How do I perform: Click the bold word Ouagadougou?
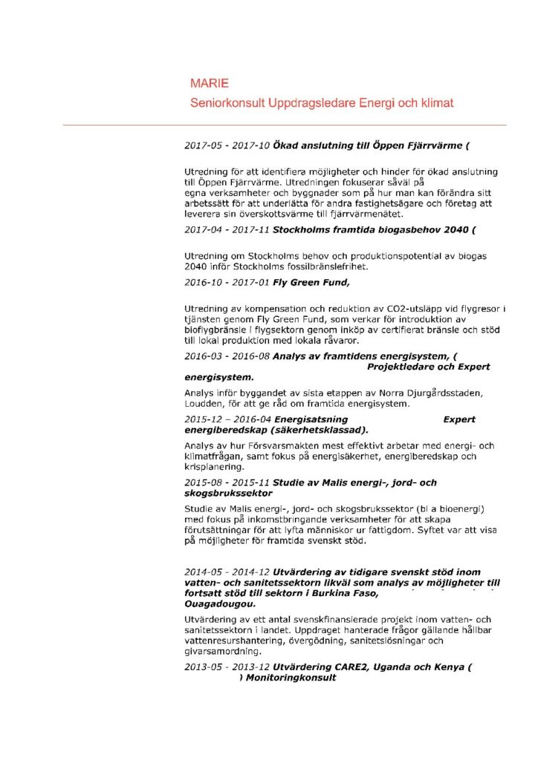215,604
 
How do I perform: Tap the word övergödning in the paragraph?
299,641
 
